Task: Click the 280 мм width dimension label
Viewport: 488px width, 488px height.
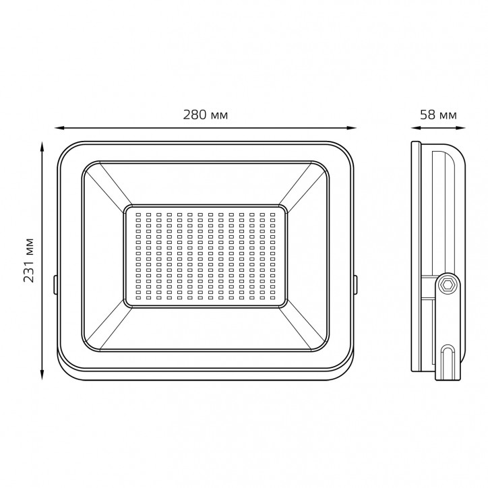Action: tap(206, 115)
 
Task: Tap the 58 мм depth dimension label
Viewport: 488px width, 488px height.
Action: tap(438, 115)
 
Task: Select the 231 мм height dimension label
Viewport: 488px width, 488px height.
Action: tap(28, 260)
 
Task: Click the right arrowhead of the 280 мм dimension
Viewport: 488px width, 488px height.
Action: tap(352, 127)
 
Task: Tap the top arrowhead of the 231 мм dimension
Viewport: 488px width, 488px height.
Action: tap(42, 146)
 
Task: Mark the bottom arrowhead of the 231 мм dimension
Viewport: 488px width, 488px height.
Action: tap(42, 375)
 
